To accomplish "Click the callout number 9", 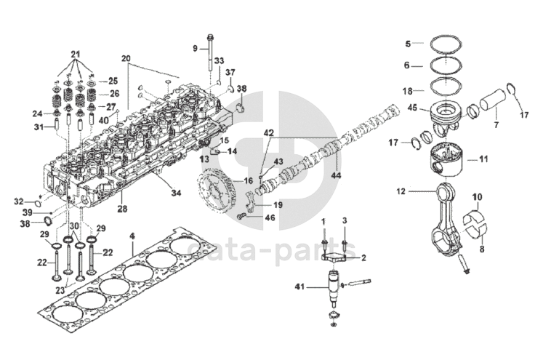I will pos(196,48).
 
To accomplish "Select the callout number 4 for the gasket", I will pos(132,237).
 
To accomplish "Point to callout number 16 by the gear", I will pos(249,180).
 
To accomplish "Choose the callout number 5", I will pos(408,43).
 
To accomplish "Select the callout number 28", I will pos(122,209).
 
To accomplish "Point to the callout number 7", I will pos(496,126).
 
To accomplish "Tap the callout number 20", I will pos(126,57).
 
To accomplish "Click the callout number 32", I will pos(19,201).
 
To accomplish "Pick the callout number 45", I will pos(413,108).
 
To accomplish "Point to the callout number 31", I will pos(39,127).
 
